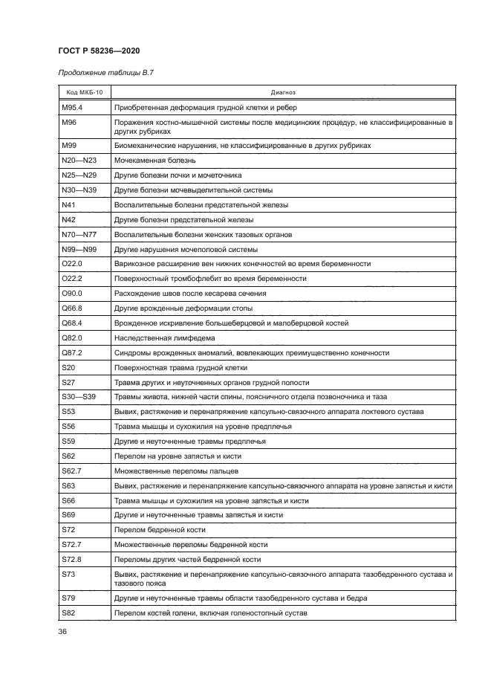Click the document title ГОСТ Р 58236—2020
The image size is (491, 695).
[99, 50]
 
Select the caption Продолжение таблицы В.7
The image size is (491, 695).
[105, 73]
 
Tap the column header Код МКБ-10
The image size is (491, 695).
[84, 94]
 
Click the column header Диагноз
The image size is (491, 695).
[283, 94]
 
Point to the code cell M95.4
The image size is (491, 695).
[73, 108]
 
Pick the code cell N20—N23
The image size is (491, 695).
[79, 160]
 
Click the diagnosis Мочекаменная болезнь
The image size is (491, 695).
[155, 160]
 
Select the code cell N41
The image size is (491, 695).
[68, 204]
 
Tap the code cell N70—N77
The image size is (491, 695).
[79, 234]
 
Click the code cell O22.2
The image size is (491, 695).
[72, 279]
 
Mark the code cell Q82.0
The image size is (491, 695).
[72, 337]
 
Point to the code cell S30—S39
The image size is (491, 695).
[79, 397]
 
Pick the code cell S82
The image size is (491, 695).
[68, 613]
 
